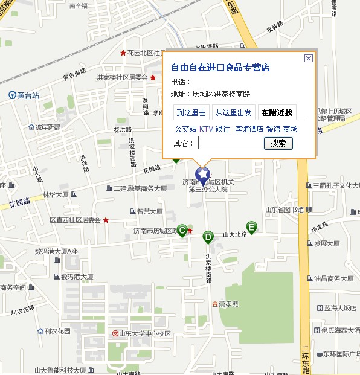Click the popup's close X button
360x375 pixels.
308,58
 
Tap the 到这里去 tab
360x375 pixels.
191,113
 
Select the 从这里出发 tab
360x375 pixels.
233,113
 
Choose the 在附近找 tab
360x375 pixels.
277,113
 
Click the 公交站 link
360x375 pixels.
185,129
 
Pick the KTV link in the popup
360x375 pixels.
206,129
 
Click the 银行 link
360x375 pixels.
222,129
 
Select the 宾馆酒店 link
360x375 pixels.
249,129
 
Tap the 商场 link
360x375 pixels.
290,129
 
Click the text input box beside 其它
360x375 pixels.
230,143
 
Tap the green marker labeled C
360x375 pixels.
181,229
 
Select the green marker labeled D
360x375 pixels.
208,237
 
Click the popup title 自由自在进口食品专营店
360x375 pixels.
220,67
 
